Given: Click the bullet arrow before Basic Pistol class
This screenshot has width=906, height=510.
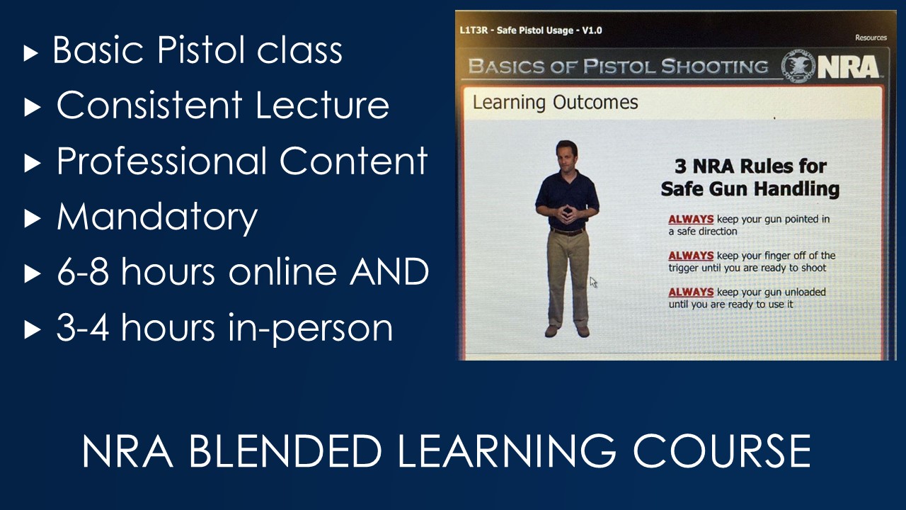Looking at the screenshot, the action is pos(30,53).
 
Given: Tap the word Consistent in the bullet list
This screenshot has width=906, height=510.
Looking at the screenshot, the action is pos(149,105).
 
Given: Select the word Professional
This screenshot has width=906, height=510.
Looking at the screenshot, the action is pos(161,162).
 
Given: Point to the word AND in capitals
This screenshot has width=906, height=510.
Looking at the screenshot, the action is pos(389,271).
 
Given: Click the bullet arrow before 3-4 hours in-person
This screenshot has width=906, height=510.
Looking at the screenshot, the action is pos(33,330).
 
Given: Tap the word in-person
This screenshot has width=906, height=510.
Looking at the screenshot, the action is pos(310,329).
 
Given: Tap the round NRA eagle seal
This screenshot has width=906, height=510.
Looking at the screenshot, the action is pos(799,67).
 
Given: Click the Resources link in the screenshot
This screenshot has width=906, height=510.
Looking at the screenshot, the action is pos(871,38).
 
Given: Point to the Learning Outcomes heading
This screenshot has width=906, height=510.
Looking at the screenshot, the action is pos(556,103).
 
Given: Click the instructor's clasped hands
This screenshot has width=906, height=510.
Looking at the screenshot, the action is pos(566,213).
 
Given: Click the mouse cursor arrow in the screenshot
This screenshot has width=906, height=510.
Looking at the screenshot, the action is pos(593,282).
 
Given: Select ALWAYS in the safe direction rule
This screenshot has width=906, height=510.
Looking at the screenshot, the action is pos(691,219).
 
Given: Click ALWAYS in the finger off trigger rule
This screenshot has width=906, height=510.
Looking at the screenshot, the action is pos(691,256).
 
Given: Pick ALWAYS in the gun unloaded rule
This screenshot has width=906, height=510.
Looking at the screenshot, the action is pos(691,292).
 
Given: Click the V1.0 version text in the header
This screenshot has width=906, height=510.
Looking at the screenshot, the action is pos(592,30).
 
